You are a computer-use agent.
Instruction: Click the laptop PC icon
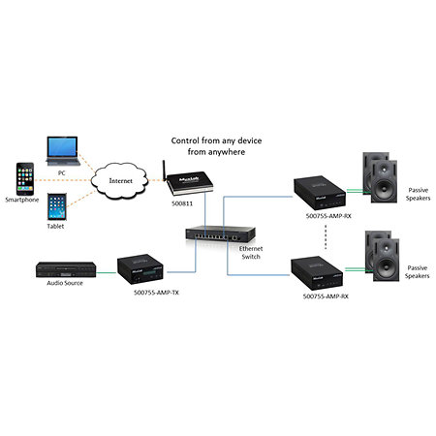63,151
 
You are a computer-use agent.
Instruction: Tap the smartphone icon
25,179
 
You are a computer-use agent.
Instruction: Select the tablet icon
57,206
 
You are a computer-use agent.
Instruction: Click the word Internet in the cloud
121,181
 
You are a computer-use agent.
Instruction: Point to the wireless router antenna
164,171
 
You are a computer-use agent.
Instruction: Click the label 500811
182,203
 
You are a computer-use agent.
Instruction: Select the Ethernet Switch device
221,234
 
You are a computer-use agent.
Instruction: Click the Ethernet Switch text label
251,253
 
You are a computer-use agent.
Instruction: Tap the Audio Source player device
66,269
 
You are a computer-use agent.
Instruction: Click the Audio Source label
65,283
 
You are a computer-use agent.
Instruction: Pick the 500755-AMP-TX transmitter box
140,269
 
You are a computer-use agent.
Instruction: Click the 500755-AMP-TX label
156,293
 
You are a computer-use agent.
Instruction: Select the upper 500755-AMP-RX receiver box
320,193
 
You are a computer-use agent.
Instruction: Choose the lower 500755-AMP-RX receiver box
317,273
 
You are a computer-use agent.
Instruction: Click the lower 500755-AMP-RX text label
326,296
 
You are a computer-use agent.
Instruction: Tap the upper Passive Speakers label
419,194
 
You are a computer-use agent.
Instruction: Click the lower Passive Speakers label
418,272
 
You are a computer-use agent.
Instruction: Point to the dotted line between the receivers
326,236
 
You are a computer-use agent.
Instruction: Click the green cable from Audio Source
107,272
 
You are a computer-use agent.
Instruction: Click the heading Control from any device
216,140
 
